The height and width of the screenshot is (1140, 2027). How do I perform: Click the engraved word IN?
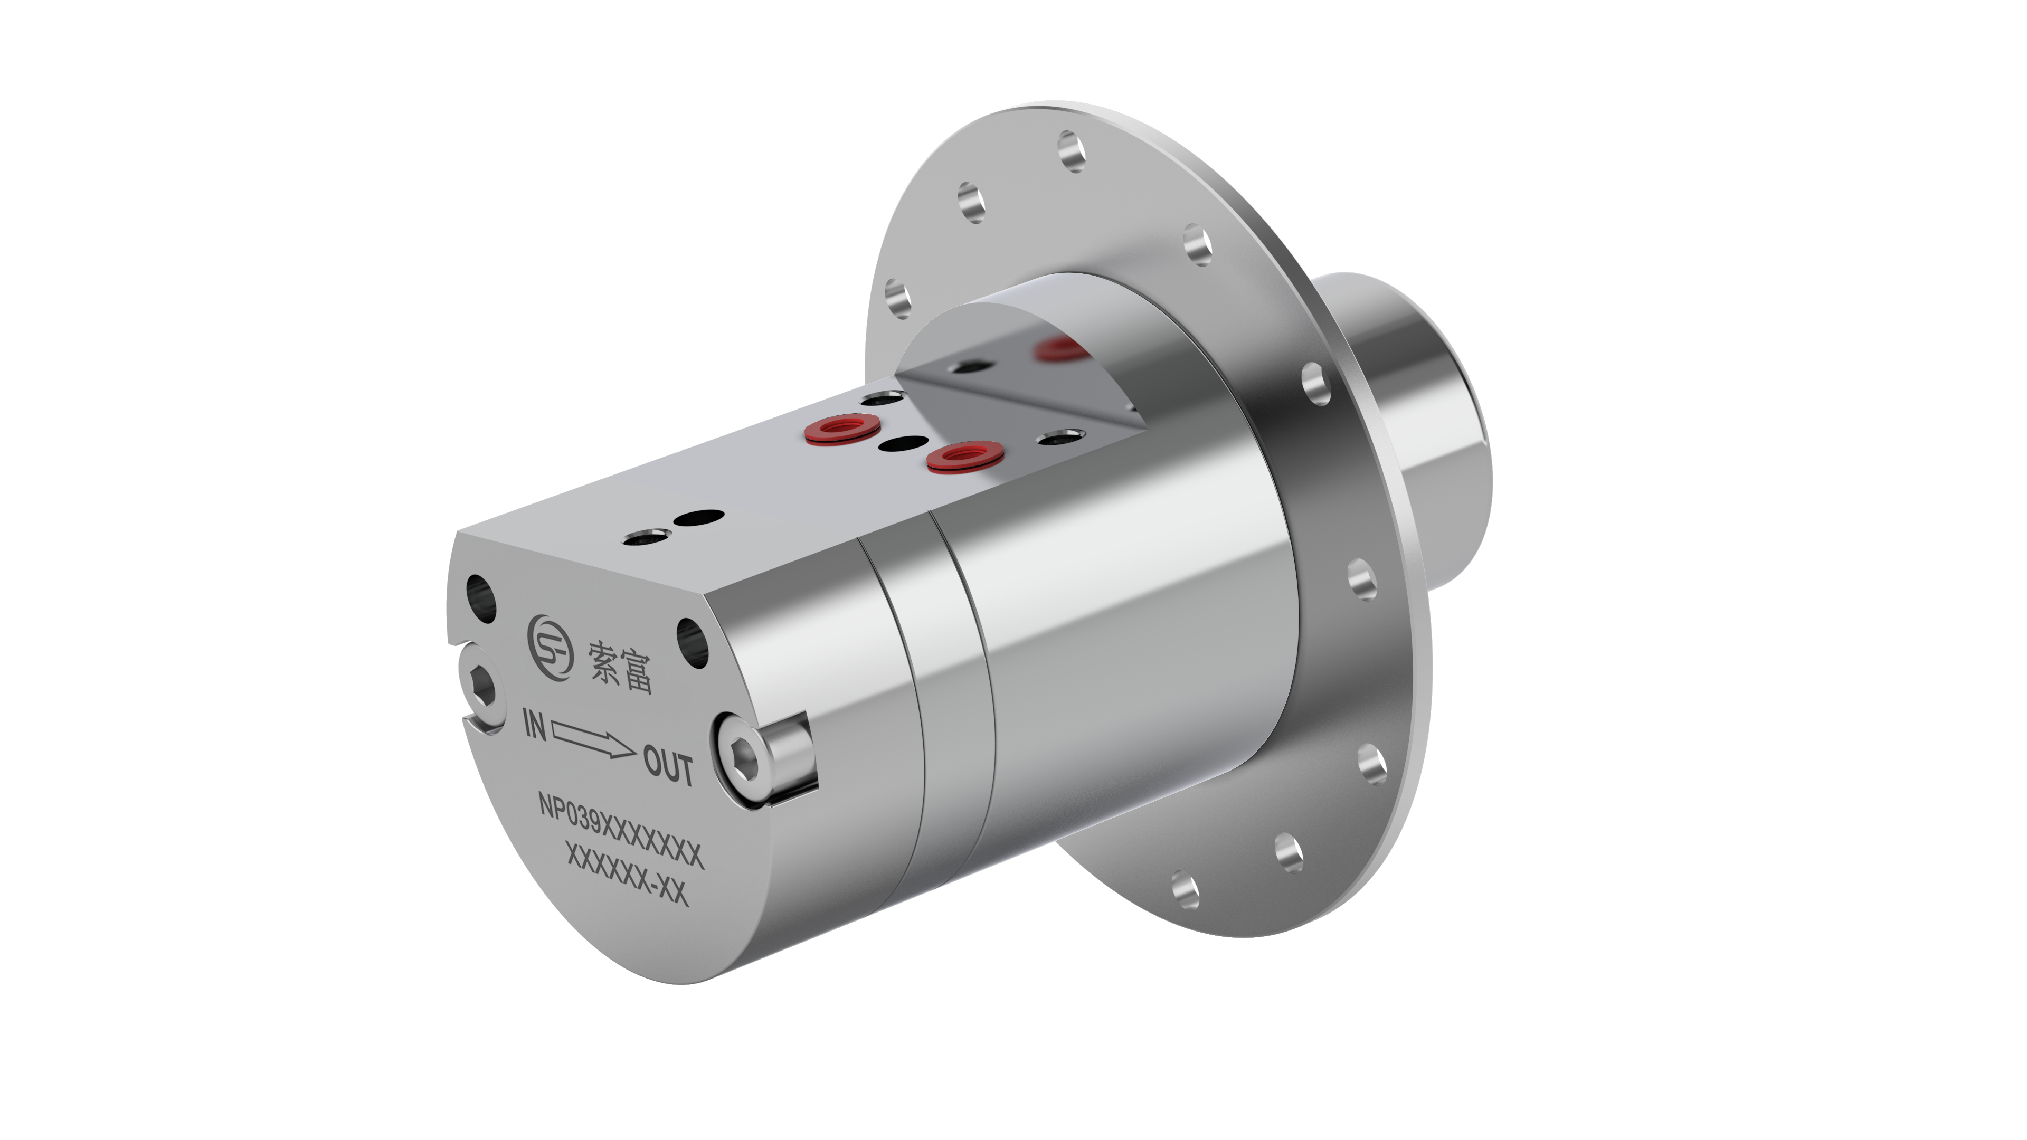tap(535, 724)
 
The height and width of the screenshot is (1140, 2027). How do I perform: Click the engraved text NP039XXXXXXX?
tap(619, 831)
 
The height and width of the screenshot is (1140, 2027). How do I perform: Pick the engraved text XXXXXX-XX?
tap(627, 875)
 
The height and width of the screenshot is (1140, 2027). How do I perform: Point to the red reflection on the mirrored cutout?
tap(1058, 348)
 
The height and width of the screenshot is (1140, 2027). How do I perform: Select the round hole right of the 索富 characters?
tap(693, 642)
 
